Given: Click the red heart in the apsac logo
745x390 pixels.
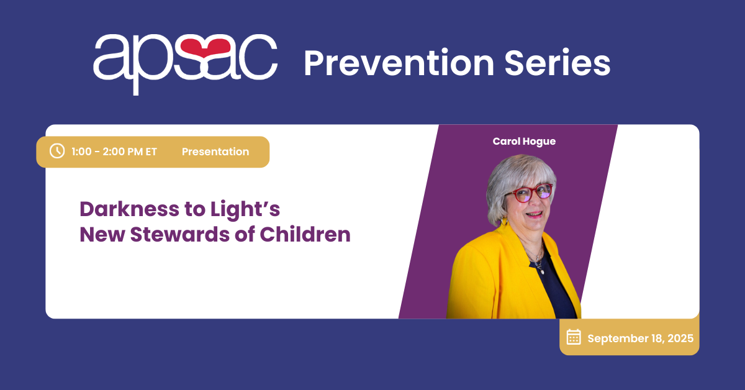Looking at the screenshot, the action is click(203, 47).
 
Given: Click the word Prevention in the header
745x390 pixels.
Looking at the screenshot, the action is click(399, 63).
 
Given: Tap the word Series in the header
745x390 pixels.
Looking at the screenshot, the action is click(558, 63).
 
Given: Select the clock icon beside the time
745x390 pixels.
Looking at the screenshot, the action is click(57, 151).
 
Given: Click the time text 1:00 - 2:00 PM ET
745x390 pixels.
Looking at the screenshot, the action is click(114, 152).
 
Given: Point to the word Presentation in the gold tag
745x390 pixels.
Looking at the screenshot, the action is click(215, 152).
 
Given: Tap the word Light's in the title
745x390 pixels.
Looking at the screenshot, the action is click(245, 211).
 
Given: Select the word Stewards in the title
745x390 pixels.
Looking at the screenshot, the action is click(180, 234).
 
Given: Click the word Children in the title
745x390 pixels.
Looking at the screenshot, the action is click(305, 234).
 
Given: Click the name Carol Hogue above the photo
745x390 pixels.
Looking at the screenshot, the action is click(524, 142).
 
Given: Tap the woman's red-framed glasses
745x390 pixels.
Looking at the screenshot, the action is click(528, 193).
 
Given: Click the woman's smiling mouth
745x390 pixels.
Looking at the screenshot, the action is click(535, 214).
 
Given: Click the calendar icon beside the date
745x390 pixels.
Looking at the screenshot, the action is click(574, 337).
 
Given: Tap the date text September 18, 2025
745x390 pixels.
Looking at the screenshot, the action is click(641, 338).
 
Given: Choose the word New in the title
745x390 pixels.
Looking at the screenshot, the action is click(102, 234).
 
